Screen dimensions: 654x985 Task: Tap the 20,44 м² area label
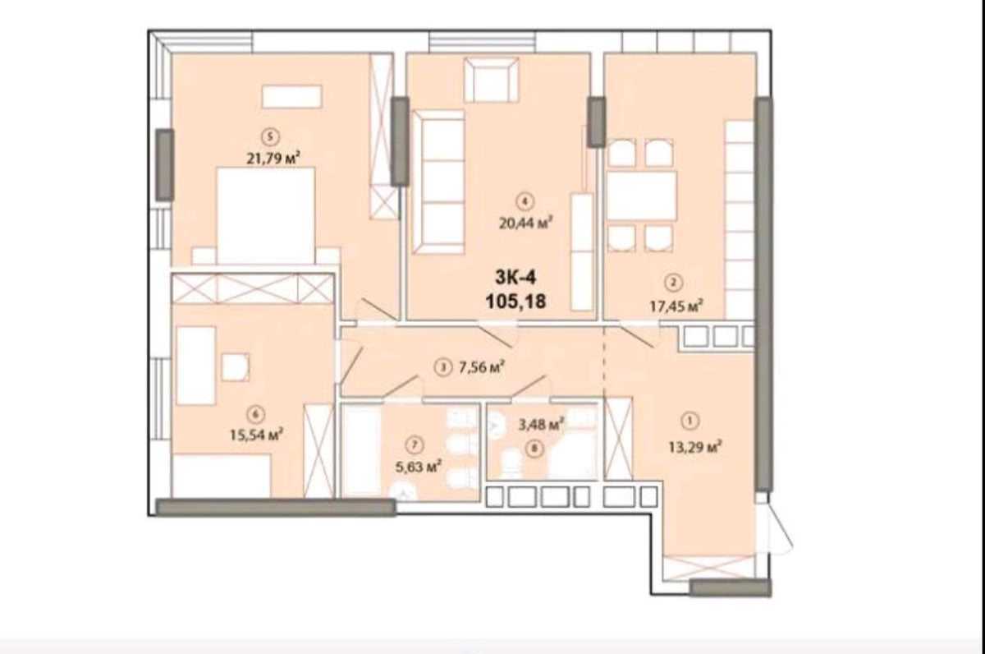pos(527,220)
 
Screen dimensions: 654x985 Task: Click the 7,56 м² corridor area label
pos(480,367)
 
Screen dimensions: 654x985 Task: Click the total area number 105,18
pos(515,302)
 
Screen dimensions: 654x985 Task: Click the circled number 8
pos(535,449)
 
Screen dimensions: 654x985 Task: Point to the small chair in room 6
pos(236,366)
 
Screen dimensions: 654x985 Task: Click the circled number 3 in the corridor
pos(444,368)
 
